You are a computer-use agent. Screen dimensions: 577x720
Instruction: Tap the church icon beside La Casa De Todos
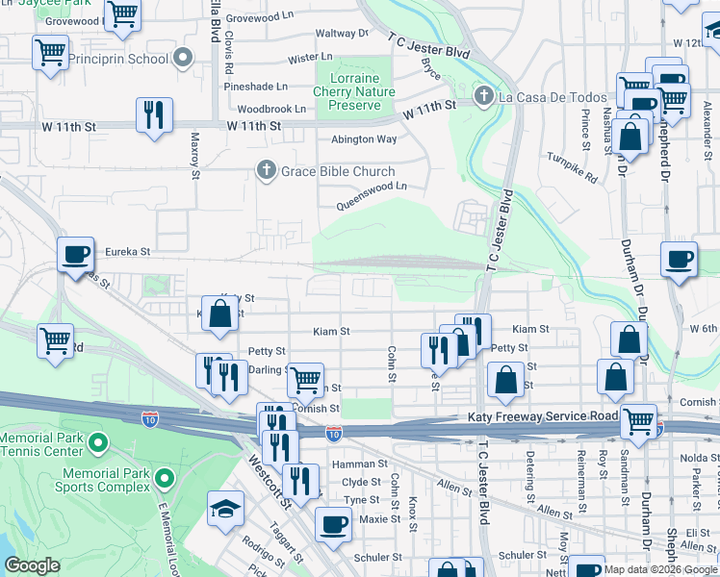tap(484, 97)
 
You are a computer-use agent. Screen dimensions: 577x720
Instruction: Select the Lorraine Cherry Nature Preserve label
tap(354, 91)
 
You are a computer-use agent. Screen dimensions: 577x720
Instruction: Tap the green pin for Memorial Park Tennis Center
tap(97, 442)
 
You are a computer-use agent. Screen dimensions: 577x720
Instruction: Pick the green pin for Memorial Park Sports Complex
tap(165, 477)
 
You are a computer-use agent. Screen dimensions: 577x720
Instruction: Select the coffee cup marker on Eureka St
tap(75, 255)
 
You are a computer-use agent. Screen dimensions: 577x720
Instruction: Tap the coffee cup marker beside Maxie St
tap(333, 525)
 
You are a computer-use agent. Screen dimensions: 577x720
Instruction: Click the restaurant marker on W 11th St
tap(154, 114)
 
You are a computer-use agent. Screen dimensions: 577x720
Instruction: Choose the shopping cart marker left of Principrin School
tap(50, 51)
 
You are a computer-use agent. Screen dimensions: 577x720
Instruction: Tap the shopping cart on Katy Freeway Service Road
tap(638, 419)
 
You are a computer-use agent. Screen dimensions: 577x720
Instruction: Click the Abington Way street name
tap(364, 139)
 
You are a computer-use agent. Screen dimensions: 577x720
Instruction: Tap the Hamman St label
tap(359, 464)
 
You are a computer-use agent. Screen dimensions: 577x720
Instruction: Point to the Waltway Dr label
tap(336, 34)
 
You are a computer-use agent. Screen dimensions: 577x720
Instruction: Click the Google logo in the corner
tap(33, 565)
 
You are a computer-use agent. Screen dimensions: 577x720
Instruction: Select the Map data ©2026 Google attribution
tap(660, 569)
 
